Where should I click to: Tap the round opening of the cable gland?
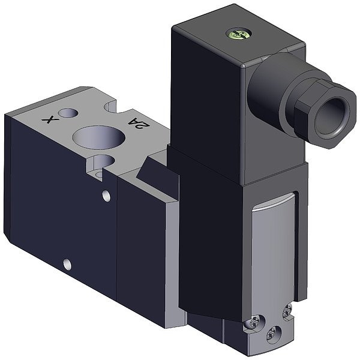click(331, 116)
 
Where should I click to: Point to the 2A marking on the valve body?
click(139, 123)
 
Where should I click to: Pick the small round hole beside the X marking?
click(68, 113)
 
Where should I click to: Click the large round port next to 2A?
click(99, 137)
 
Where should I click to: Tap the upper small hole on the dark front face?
click(107, 196)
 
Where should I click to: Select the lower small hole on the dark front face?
click(67, 264)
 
